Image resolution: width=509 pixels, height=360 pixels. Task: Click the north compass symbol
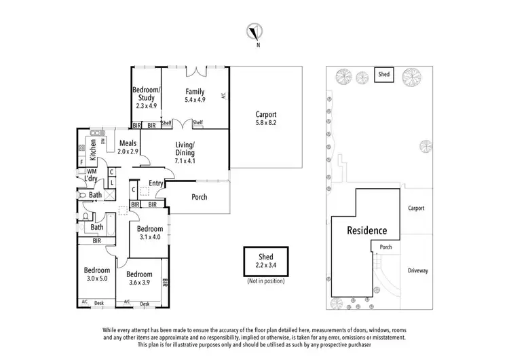click(254, 31)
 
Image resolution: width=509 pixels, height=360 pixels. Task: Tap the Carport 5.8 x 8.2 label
click(266, 119)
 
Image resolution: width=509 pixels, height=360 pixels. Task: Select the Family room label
click(195, 96)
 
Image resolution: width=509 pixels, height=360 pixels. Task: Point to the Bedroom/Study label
click(146, 98)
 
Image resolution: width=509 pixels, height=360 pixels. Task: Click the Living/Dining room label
click(185, 153)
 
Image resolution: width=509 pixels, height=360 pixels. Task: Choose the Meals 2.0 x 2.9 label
click(128, 147)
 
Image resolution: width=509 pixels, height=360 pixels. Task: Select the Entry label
click(156, 183)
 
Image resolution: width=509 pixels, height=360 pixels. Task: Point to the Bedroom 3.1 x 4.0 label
click(150, 233)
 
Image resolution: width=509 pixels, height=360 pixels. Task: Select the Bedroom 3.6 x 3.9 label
click(138, 278)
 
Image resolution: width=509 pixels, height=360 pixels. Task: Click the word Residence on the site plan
click(367, 231)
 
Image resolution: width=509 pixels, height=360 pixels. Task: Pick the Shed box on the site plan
click(384, 75)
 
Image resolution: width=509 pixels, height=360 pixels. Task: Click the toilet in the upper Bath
click(81, 195)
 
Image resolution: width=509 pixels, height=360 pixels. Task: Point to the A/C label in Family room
click(224, 96)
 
